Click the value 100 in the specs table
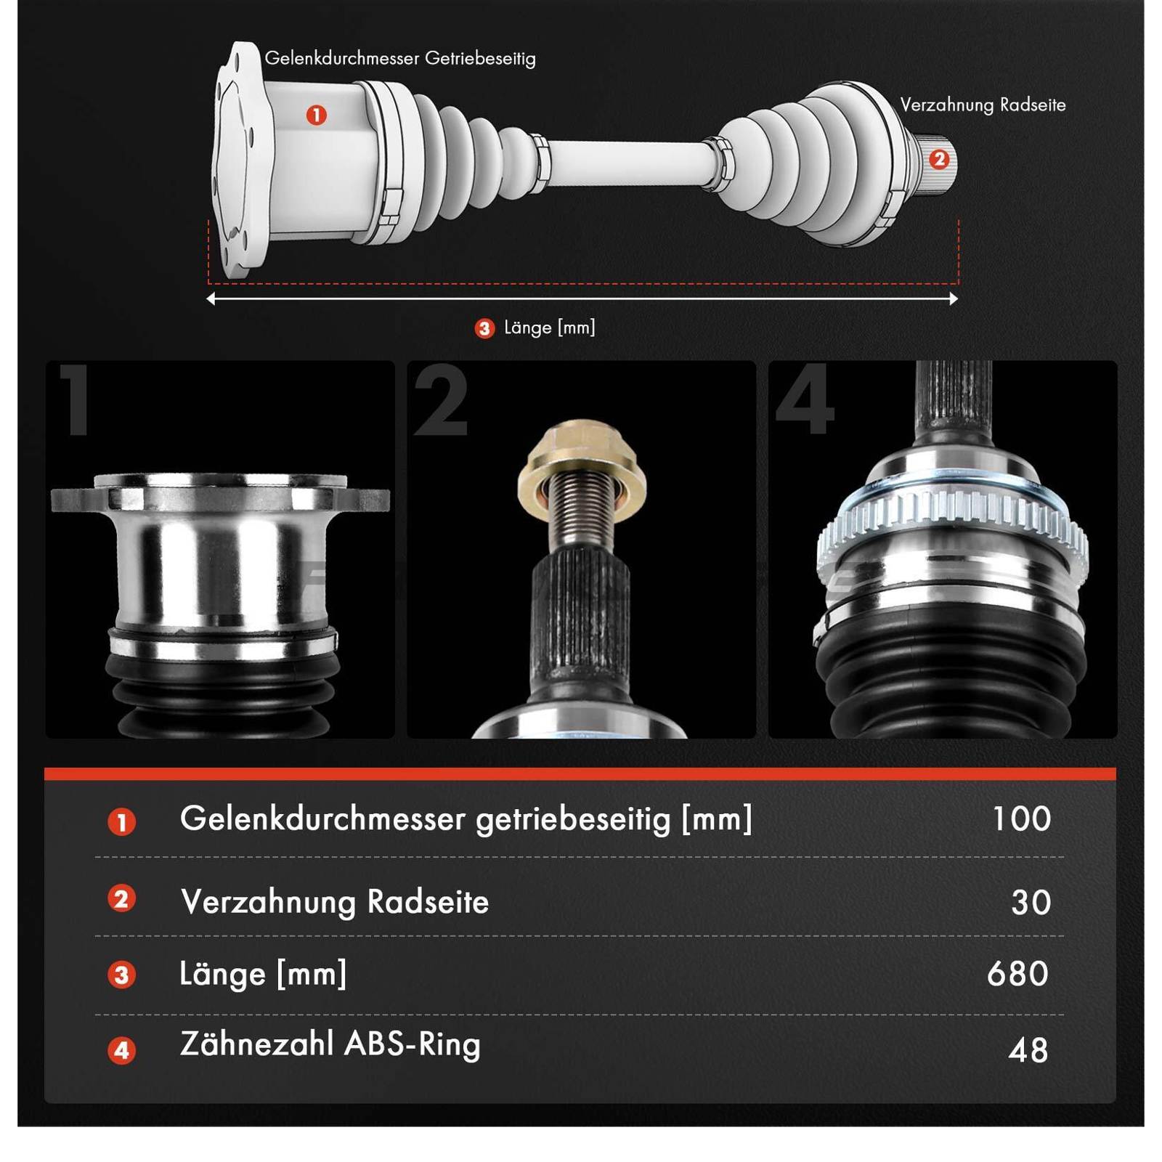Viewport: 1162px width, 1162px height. [x=1021, y=818]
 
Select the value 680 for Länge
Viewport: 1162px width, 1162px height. [x=1017, y=973]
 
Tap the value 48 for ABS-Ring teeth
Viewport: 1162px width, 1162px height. [x=1028, y=1050]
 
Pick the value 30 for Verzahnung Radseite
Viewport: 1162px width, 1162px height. [x=1031, y=902]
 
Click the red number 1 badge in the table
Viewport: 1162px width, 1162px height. [x=121, y=822]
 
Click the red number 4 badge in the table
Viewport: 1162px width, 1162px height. [x=121, y=1050]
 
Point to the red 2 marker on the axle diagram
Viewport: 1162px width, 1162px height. [x=938, y=159]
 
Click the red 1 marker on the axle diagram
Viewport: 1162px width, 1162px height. [x=316, y=115]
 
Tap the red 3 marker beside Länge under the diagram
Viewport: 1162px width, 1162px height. [x=484, y=328]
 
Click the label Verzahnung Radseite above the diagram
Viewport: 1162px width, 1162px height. [x=983, y=105]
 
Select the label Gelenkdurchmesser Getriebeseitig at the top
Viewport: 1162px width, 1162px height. [x=399, y=59]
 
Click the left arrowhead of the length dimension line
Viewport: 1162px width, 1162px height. [x=211, y=298]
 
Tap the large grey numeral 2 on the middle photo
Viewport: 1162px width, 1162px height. [x=441, y=400]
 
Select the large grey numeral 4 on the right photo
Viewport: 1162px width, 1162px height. [x=805, y=400]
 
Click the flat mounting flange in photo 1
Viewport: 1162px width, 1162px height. [x=220, y=496]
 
